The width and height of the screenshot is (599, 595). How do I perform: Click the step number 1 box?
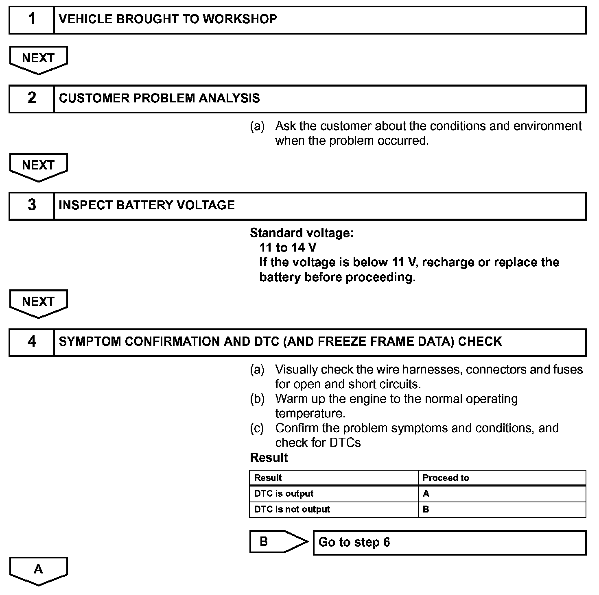coord(32,20)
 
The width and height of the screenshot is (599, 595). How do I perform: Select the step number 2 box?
coord(32,98)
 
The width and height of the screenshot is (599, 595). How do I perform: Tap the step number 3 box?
coord(32,205)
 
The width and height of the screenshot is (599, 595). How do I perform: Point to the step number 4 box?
coord(32,342)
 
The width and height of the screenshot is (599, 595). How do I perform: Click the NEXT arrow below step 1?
coord(38,59)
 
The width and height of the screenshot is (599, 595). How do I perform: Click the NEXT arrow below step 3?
coord(38,303)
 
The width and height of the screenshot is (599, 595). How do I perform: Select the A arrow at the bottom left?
coord(38,570)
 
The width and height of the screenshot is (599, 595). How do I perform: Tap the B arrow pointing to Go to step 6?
coord(277,542)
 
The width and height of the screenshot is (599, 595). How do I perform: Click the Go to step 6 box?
coord(449,543)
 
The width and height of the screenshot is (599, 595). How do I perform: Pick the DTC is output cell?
coord(334,494)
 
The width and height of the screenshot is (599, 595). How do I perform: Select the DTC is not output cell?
coord(334,510)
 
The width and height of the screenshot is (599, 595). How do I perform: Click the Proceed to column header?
coord(502,478)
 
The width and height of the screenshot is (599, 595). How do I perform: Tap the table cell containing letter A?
coord(502,494)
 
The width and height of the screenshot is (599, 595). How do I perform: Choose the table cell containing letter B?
coord(502,510)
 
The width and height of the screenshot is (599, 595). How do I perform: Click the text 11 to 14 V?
coord(288,248)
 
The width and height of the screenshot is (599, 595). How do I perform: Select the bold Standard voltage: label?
coord(302,233)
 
